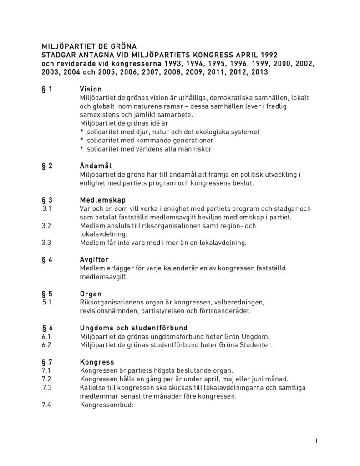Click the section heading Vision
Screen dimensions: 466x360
pyautogui.click(x=91, y=89)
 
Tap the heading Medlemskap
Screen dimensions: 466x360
pyautogui.click(x=103, y=200)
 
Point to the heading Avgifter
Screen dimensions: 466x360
pyautogui.click(x=94, y=259)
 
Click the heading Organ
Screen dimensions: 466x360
pyautogui.click(x=91, y=294)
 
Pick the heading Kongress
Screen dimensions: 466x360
pyautogui.click(x=96, y=362)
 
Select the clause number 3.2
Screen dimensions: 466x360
pyautogui.click(x=46, y=226)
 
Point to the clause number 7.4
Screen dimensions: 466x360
pyautogui.click(x=46, y=405)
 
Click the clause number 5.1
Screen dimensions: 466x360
pyautogui.click(x=46, y=302)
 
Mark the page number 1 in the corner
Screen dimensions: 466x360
pyautogui.click(x=316, y=441)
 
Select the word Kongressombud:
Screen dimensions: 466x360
pyautogui.click(x=106, y=405)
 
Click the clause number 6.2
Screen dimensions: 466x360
pyautogui.click(x=46, y=345)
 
